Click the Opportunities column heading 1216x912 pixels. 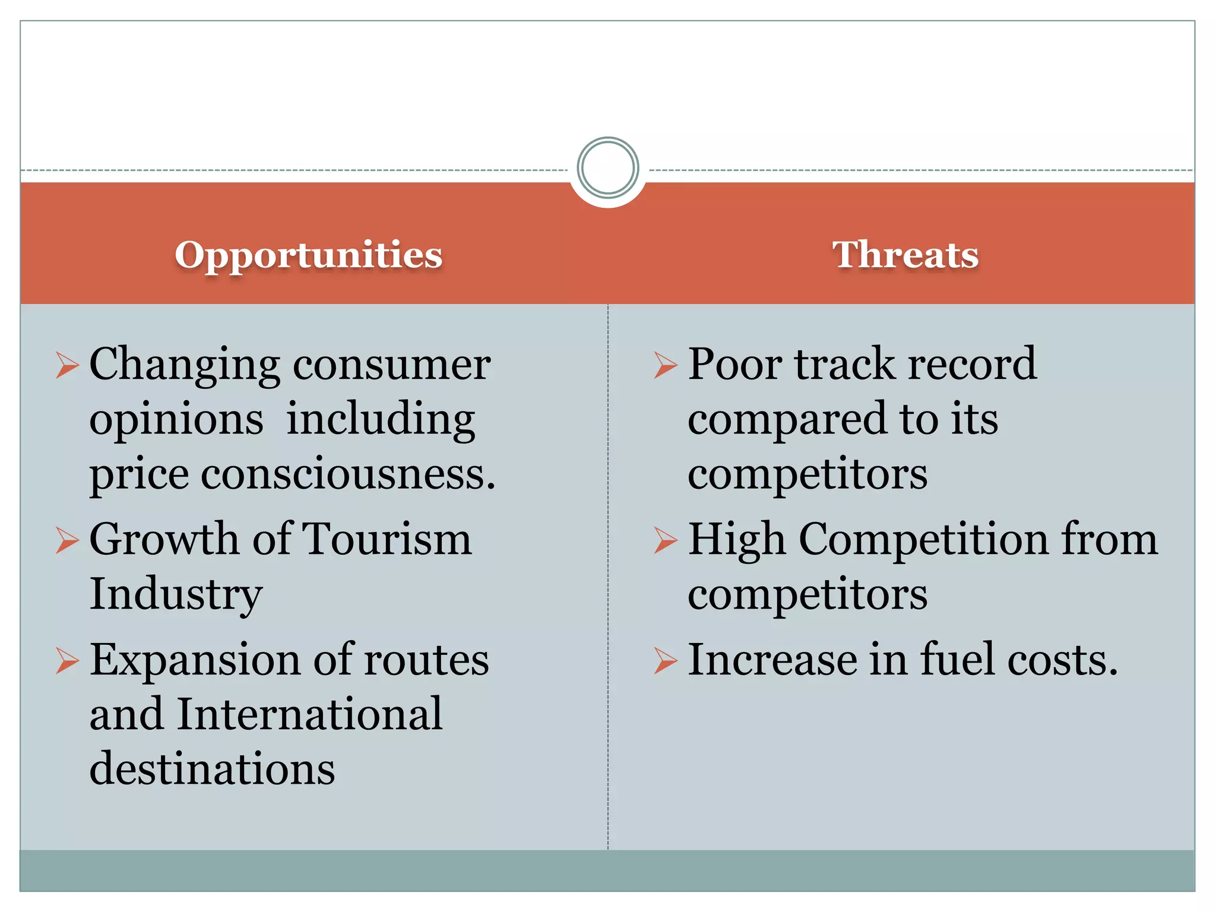(x=308, y=255)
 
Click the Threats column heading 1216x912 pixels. (x=905, y=255)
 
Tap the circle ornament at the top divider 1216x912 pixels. (x=607, y=168)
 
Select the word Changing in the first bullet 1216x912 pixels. (x=185, y=365)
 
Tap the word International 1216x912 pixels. (x=309, y=714)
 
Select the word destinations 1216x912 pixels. (x=212, y=768)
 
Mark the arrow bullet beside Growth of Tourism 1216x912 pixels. (x=68, y=540)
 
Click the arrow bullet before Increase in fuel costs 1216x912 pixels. (x=666, y=661)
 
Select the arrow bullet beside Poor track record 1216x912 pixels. (x=666, y=365)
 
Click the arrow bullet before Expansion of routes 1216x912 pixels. (x=68, y=661)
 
